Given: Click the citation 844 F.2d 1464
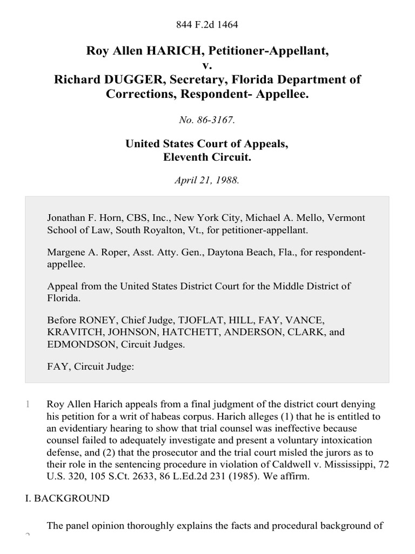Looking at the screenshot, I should pos(207,25).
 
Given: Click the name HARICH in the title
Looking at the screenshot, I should pos(157,52).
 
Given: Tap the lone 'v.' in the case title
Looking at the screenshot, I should pos(207,66).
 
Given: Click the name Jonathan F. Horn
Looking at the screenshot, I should pos(82,217).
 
